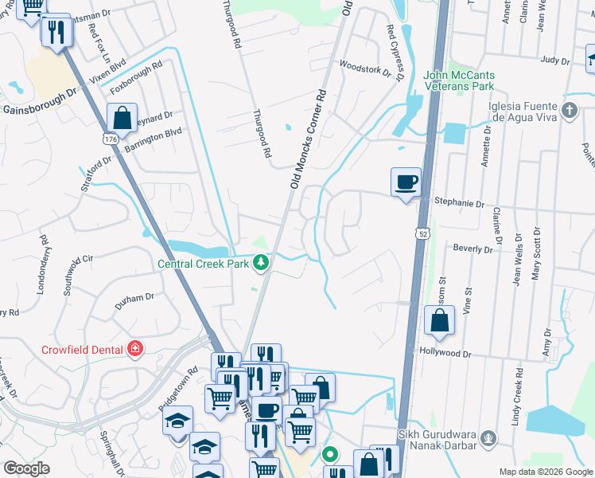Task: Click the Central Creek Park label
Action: coord(204,263)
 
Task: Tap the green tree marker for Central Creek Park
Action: coord(260,262)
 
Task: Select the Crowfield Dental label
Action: coord(82,349)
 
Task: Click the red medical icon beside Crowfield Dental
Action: coord(135,349)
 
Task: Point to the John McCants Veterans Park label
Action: coord(459,80)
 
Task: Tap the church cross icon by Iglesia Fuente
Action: coord(569,110)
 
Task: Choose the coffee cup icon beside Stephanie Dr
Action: coord(406,182)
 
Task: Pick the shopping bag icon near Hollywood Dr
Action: coord(439,320)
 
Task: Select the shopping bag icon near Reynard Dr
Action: coord(123,119)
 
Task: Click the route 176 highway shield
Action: coord(111,139)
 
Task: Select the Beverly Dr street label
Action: coord(474,249)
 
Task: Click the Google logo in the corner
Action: coord(26,468)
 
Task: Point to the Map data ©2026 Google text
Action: coord(545,472)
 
